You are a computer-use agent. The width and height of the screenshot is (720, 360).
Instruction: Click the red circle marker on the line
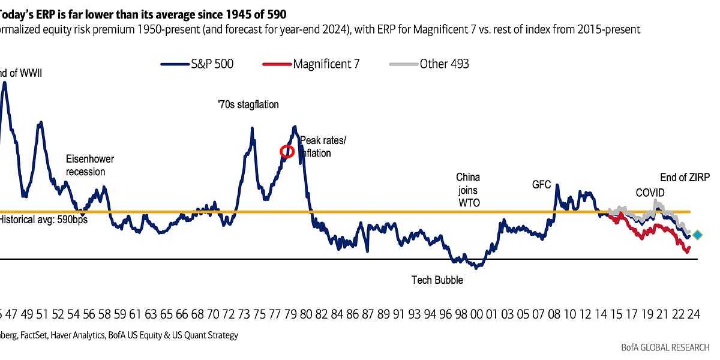(x=287, y=151)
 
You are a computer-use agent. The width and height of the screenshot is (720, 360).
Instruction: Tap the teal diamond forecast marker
(x=697, y=235)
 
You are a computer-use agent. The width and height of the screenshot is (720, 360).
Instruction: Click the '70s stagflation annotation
(x=248, y=104)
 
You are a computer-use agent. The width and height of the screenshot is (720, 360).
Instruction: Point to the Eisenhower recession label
(x=89, y=166)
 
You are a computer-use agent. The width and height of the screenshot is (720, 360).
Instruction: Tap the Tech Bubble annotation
(x=437, y=280)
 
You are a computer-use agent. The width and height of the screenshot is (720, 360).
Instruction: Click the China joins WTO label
(x=468, y=190)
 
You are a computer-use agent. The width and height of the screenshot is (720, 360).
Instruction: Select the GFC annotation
(x=541, y=185)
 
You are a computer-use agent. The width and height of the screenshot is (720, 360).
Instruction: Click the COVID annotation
(x=650, y=193)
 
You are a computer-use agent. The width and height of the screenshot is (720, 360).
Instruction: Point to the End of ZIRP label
(x=685, y=178)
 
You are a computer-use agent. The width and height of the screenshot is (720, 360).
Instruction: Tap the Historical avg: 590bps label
(x=43, y=220)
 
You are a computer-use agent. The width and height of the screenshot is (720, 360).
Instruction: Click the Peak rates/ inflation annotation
(x=322, y=147)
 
